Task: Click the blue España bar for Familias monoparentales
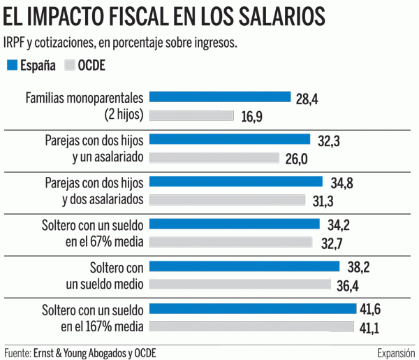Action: [x=221, y=97]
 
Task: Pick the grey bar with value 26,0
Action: [x=215, y=158]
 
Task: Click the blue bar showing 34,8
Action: [x=237, y=182]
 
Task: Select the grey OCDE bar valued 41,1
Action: [x=252, y=326]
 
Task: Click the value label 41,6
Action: [x=371, y=309]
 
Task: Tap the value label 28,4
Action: [x=307, y=99]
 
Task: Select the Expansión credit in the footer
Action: [x=395, y=352]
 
